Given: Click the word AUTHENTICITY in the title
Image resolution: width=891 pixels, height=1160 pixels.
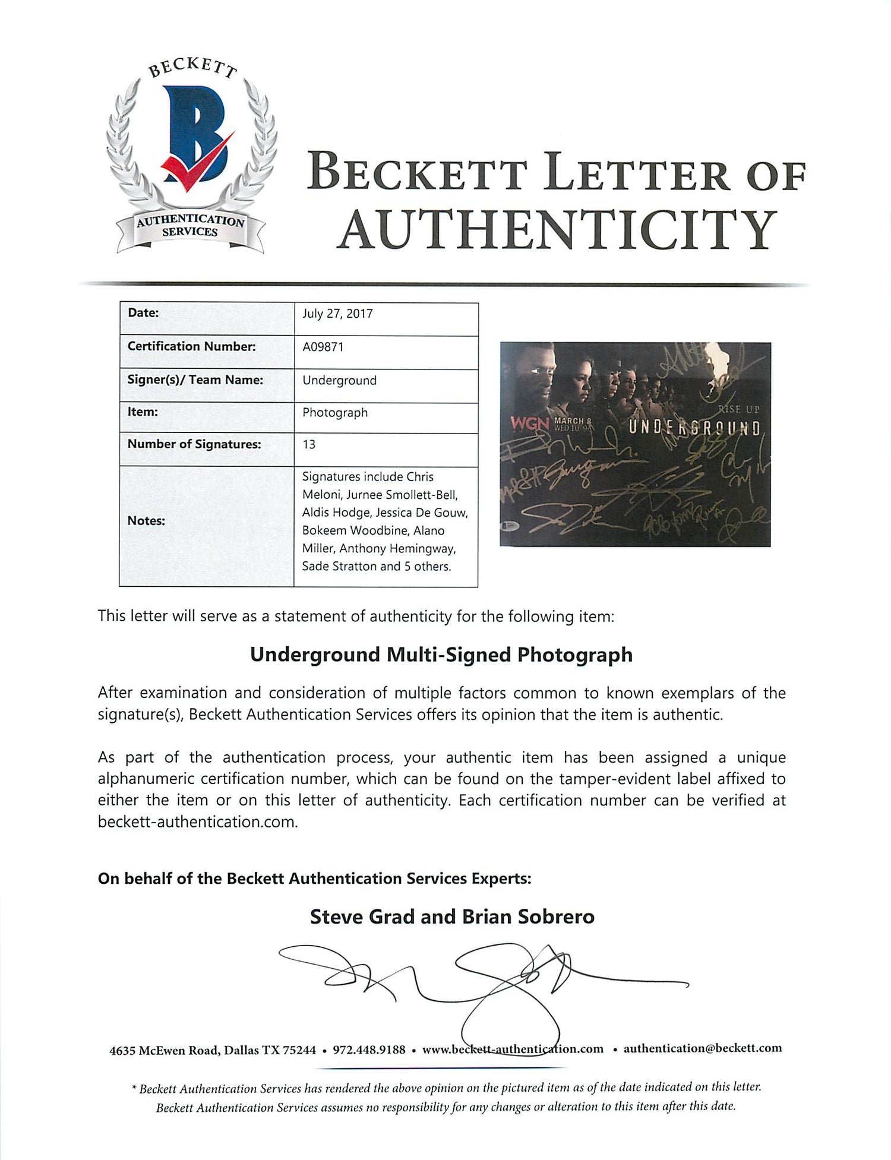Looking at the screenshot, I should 557,230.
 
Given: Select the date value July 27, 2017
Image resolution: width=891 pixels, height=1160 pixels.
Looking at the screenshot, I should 337,314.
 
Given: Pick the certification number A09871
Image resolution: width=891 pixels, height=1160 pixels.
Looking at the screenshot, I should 323,347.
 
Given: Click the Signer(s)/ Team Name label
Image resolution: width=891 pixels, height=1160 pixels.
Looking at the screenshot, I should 195,380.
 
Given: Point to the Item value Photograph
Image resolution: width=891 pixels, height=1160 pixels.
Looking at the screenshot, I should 335,413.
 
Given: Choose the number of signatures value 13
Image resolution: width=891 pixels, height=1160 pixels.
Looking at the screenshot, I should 309,445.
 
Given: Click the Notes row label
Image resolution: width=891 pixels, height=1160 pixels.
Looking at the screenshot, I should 146,521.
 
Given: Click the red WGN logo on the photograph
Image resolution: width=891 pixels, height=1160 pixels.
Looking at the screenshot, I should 530,424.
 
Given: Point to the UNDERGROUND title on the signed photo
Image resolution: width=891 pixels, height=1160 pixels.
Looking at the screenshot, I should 694,428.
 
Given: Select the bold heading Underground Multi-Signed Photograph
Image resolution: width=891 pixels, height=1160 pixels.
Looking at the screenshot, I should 441,655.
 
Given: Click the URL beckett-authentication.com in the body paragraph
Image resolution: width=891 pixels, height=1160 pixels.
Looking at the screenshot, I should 197,822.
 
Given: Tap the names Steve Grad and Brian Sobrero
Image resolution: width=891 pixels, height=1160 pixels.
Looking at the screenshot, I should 452,916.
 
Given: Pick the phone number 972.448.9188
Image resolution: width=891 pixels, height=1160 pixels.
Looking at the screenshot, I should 369,1050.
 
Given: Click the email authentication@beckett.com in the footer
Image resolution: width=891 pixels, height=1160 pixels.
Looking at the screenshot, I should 702,1048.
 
